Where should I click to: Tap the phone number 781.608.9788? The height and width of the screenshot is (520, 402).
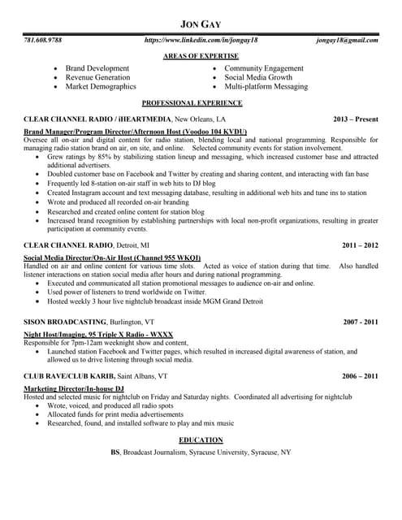click(x=43, y=40)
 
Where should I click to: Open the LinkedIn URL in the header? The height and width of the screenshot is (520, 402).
click(x=201, y=40)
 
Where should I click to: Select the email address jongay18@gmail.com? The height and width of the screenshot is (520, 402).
click(x=347, y=40)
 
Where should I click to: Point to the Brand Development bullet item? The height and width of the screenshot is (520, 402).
click(x=97, y=68)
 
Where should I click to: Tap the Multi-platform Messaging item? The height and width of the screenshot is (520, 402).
click(x=266, y=86)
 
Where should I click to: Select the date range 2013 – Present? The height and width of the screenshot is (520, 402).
click(x=356, y=119)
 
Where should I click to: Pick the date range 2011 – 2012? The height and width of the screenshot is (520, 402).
click(x=360, y=244)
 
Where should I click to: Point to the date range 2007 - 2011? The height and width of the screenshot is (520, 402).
click(x=360, y=323)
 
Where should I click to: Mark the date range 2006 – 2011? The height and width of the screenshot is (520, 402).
click(x=360, y=377)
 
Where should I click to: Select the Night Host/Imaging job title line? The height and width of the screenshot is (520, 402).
click(x=97, y=334)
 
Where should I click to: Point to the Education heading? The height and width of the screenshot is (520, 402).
click(x=201, y=440)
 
